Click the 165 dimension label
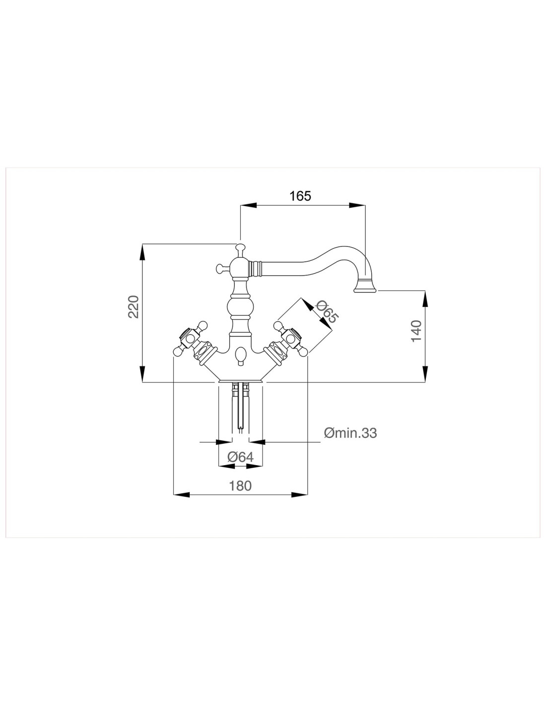tap(300, 196)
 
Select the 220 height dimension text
tap(133, 307)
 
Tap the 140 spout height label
tap(416, 331)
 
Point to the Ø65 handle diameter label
tap(326, 312)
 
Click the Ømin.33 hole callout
tap(350, 433)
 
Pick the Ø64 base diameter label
tap(240, 457)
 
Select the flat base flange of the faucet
tap(240, 381)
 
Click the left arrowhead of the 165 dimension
tap(248, 205)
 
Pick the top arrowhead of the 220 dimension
tap(142, 252)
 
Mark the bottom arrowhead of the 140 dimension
tap(425, 374)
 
